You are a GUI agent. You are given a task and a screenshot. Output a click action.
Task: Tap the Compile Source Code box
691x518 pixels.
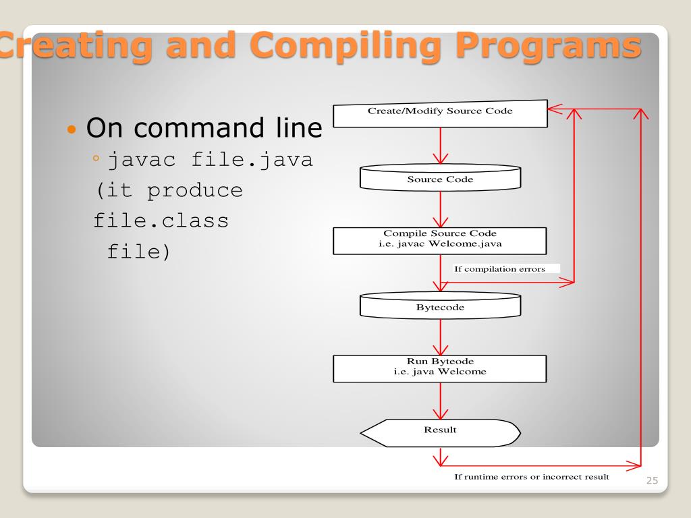[x=440, y=240]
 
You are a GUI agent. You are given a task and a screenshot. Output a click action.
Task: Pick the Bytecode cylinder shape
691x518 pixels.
[x=440, y=306]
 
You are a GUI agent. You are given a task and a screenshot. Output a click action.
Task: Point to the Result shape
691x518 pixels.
[x=440, y=430]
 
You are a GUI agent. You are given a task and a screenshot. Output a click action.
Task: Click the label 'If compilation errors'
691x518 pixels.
[x=499, y=269]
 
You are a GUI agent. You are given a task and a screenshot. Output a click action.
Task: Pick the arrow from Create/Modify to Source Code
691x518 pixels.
[x=440, y=145]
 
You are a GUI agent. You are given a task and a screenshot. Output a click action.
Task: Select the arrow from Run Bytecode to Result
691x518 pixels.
[x=440, y=401]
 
